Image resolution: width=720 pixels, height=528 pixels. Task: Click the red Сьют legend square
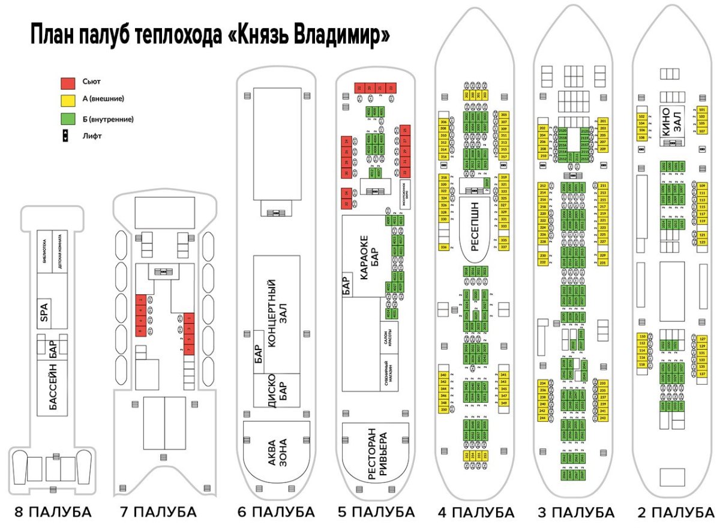68,82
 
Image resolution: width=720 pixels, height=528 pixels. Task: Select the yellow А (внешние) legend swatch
68,98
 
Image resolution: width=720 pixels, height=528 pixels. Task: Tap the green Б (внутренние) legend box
68,119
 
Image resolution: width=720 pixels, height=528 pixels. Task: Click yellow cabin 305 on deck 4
503,114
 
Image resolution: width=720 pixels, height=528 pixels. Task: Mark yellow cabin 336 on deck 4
443,247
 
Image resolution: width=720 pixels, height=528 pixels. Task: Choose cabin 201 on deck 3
603,121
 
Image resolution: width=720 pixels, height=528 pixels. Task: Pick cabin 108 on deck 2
641,137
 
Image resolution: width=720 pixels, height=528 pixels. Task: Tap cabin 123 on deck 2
702,242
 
